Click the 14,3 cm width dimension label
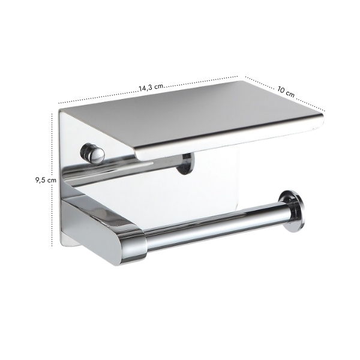[x=151, y=87]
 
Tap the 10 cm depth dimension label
[x=286, y=92]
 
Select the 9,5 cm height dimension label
[x=46, y=180]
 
